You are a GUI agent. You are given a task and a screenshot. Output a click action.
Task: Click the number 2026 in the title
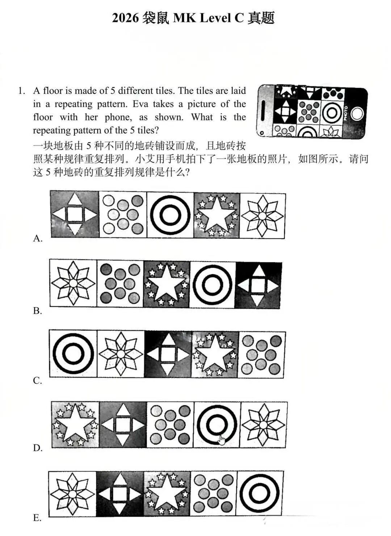[x=125, y=18]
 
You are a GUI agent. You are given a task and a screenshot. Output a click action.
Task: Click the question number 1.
[x=21, y=91]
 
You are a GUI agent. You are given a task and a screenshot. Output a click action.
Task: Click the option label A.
[x=38, y=238]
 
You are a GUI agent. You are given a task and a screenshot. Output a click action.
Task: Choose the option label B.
[x=38, y=311]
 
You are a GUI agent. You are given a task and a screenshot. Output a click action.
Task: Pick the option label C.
[x=38, y=381]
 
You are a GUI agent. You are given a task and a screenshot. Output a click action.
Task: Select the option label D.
[x=38, y=448]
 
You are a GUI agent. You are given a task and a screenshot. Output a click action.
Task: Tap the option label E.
[x=37, y=518]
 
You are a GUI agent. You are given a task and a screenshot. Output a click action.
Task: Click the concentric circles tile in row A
[x=170, y=215]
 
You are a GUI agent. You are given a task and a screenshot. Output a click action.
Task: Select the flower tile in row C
[x=121, y=354]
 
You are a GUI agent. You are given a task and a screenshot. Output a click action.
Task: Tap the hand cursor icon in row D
[x=222, y=440]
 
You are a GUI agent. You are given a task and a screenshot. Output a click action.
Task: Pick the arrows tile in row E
[x=120, y=494]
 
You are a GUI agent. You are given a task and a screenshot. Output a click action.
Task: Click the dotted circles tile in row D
[x=170, y=424]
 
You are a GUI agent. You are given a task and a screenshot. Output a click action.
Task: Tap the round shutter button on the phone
[x=357, y=114]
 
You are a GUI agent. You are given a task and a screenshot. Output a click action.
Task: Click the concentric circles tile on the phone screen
[x=331, y=113]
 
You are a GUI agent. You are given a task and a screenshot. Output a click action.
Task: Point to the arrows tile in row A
[x=75, y=214]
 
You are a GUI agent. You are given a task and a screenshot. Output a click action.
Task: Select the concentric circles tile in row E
[x=260, y=493]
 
